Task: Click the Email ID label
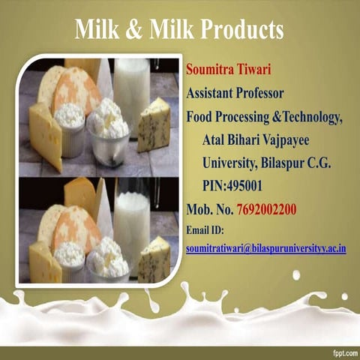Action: point(205,230)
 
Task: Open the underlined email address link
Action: point(265,247)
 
